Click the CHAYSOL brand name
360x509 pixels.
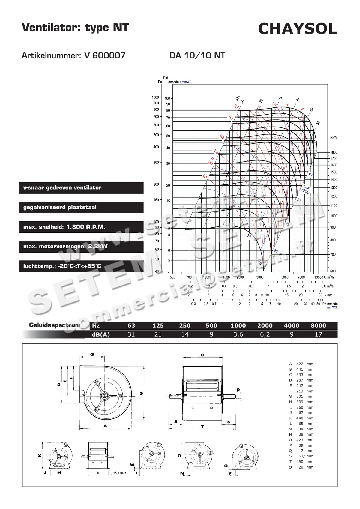pos(298,29)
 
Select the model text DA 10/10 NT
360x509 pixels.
pos(197,55)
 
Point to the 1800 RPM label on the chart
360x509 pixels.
pos(334,152)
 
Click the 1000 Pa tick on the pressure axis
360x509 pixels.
pos(155,97)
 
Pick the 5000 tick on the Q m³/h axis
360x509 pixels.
pos(285,277)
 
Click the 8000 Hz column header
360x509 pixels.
pos(318,325)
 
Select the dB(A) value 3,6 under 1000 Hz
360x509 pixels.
pos(238,334)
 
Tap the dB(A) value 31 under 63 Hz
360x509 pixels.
pos(131,334)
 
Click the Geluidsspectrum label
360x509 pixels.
pos(55,325)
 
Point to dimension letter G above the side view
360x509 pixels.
pos(92,354)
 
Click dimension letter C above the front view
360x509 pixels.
pos(202,355)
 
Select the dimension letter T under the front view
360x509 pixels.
pos(202,426)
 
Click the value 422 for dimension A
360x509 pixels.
pos(300,364)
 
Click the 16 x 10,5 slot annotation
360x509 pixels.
pos(120,473)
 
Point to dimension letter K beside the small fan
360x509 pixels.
pos(40,455)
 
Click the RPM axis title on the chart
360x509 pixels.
pos(334,137)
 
